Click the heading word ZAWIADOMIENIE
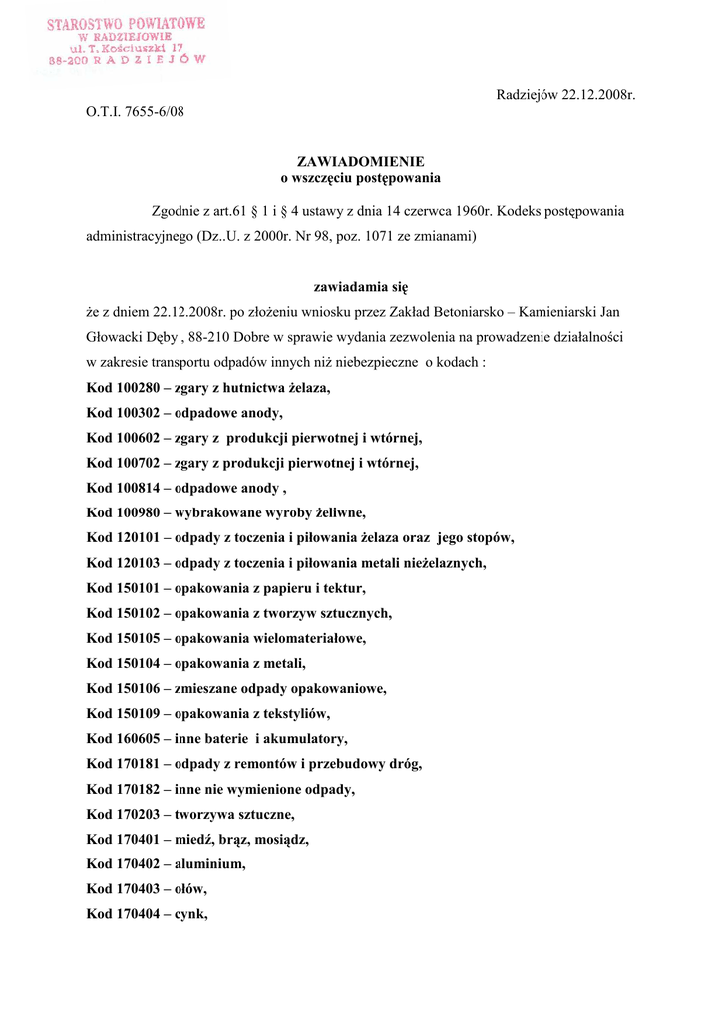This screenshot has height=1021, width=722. pos(361,161)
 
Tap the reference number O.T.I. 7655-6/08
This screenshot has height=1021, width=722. pos(135,111)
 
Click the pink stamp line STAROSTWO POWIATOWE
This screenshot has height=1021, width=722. pos(127,22)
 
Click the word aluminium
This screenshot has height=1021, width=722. pos(209,863)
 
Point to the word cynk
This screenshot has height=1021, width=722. pos(191,913)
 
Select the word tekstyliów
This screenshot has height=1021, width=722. pos(298,714)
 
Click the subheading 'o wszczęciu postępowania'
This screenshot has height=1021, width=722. pos(361,178)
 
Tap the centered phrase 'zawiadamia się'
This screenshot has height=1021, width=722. pos(361,286)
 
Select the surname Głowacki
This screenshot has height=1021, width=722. pos(114,337)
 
